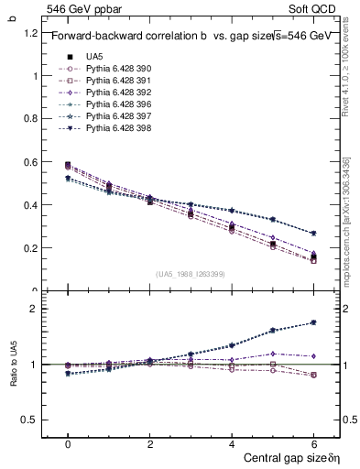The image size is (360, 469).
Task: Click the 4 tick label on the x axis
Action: coord(231,443)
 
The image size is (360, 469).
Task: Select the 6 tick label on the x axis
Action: coord(313,443)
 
